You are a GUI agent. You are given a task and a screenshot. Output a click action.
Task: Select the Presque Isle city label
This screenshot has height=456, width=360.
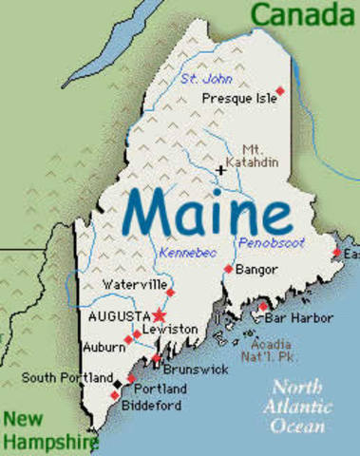click(239, 97)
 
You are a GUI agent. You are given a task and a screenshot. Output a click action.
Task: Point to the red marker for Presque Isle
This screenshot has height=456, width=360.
click(279, 90)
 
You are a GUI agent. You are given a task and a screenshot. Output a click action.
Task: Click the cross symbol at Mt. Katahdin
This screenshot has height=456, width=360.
click(221, 170)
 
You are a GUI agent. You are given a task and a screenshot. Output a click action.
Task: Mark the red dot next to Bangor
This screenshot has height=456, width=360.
click(228, 270)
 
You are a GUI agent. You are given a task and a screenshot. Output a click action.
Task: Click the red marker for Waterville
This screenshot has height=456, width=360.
click(171, 293)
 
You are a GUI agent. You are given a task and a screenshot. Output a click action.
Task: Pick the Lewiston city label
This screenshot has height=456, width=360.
click(169, 329)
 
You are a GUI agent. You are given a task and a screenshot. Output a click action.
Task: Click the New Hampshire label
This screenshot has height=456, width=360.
click(47, 429)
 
